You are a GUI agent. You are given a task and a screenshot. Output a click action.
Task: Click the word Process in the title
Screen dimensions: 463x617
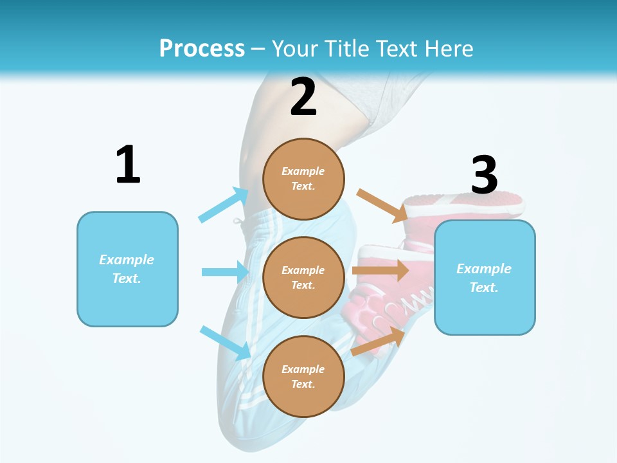click(202, 48)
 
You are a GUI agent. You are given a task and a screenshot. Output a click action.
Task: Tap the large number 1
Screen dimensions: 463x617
click(128, 165)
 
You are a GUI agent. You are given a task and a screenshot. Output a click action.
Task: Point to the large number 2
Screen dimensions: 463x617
click(303, 97)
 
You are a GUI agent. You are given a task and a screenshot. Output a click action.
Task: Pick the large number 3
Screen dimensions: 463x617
click(484, 175)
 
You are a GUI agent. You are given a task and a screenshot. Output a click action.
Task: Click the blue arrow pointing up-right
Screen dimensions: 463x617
click(224, 204)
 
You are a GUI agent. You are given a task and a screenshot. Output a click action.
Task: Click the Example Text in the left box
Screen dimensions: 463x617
click(127, 269)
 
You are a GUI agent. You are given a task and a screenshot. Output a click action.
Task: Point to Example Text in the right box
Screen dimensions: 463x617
click(484, 278)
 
